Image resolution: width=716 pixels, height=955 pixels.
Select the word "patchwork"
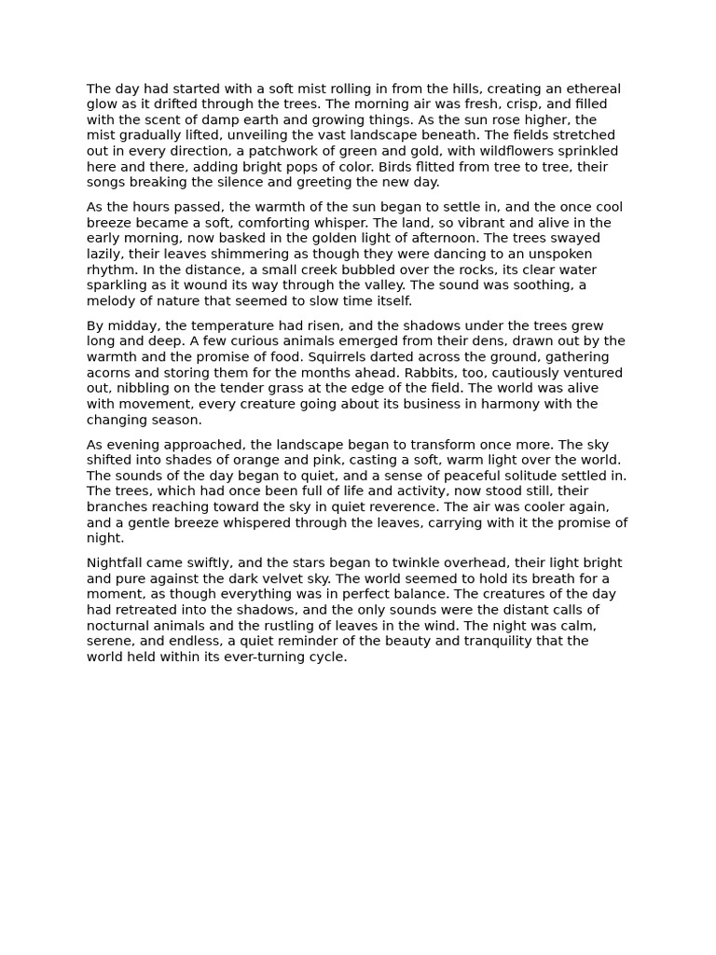click(270, 151)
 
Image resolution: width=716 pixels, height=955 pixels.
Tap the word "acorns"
click(108, 373)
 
